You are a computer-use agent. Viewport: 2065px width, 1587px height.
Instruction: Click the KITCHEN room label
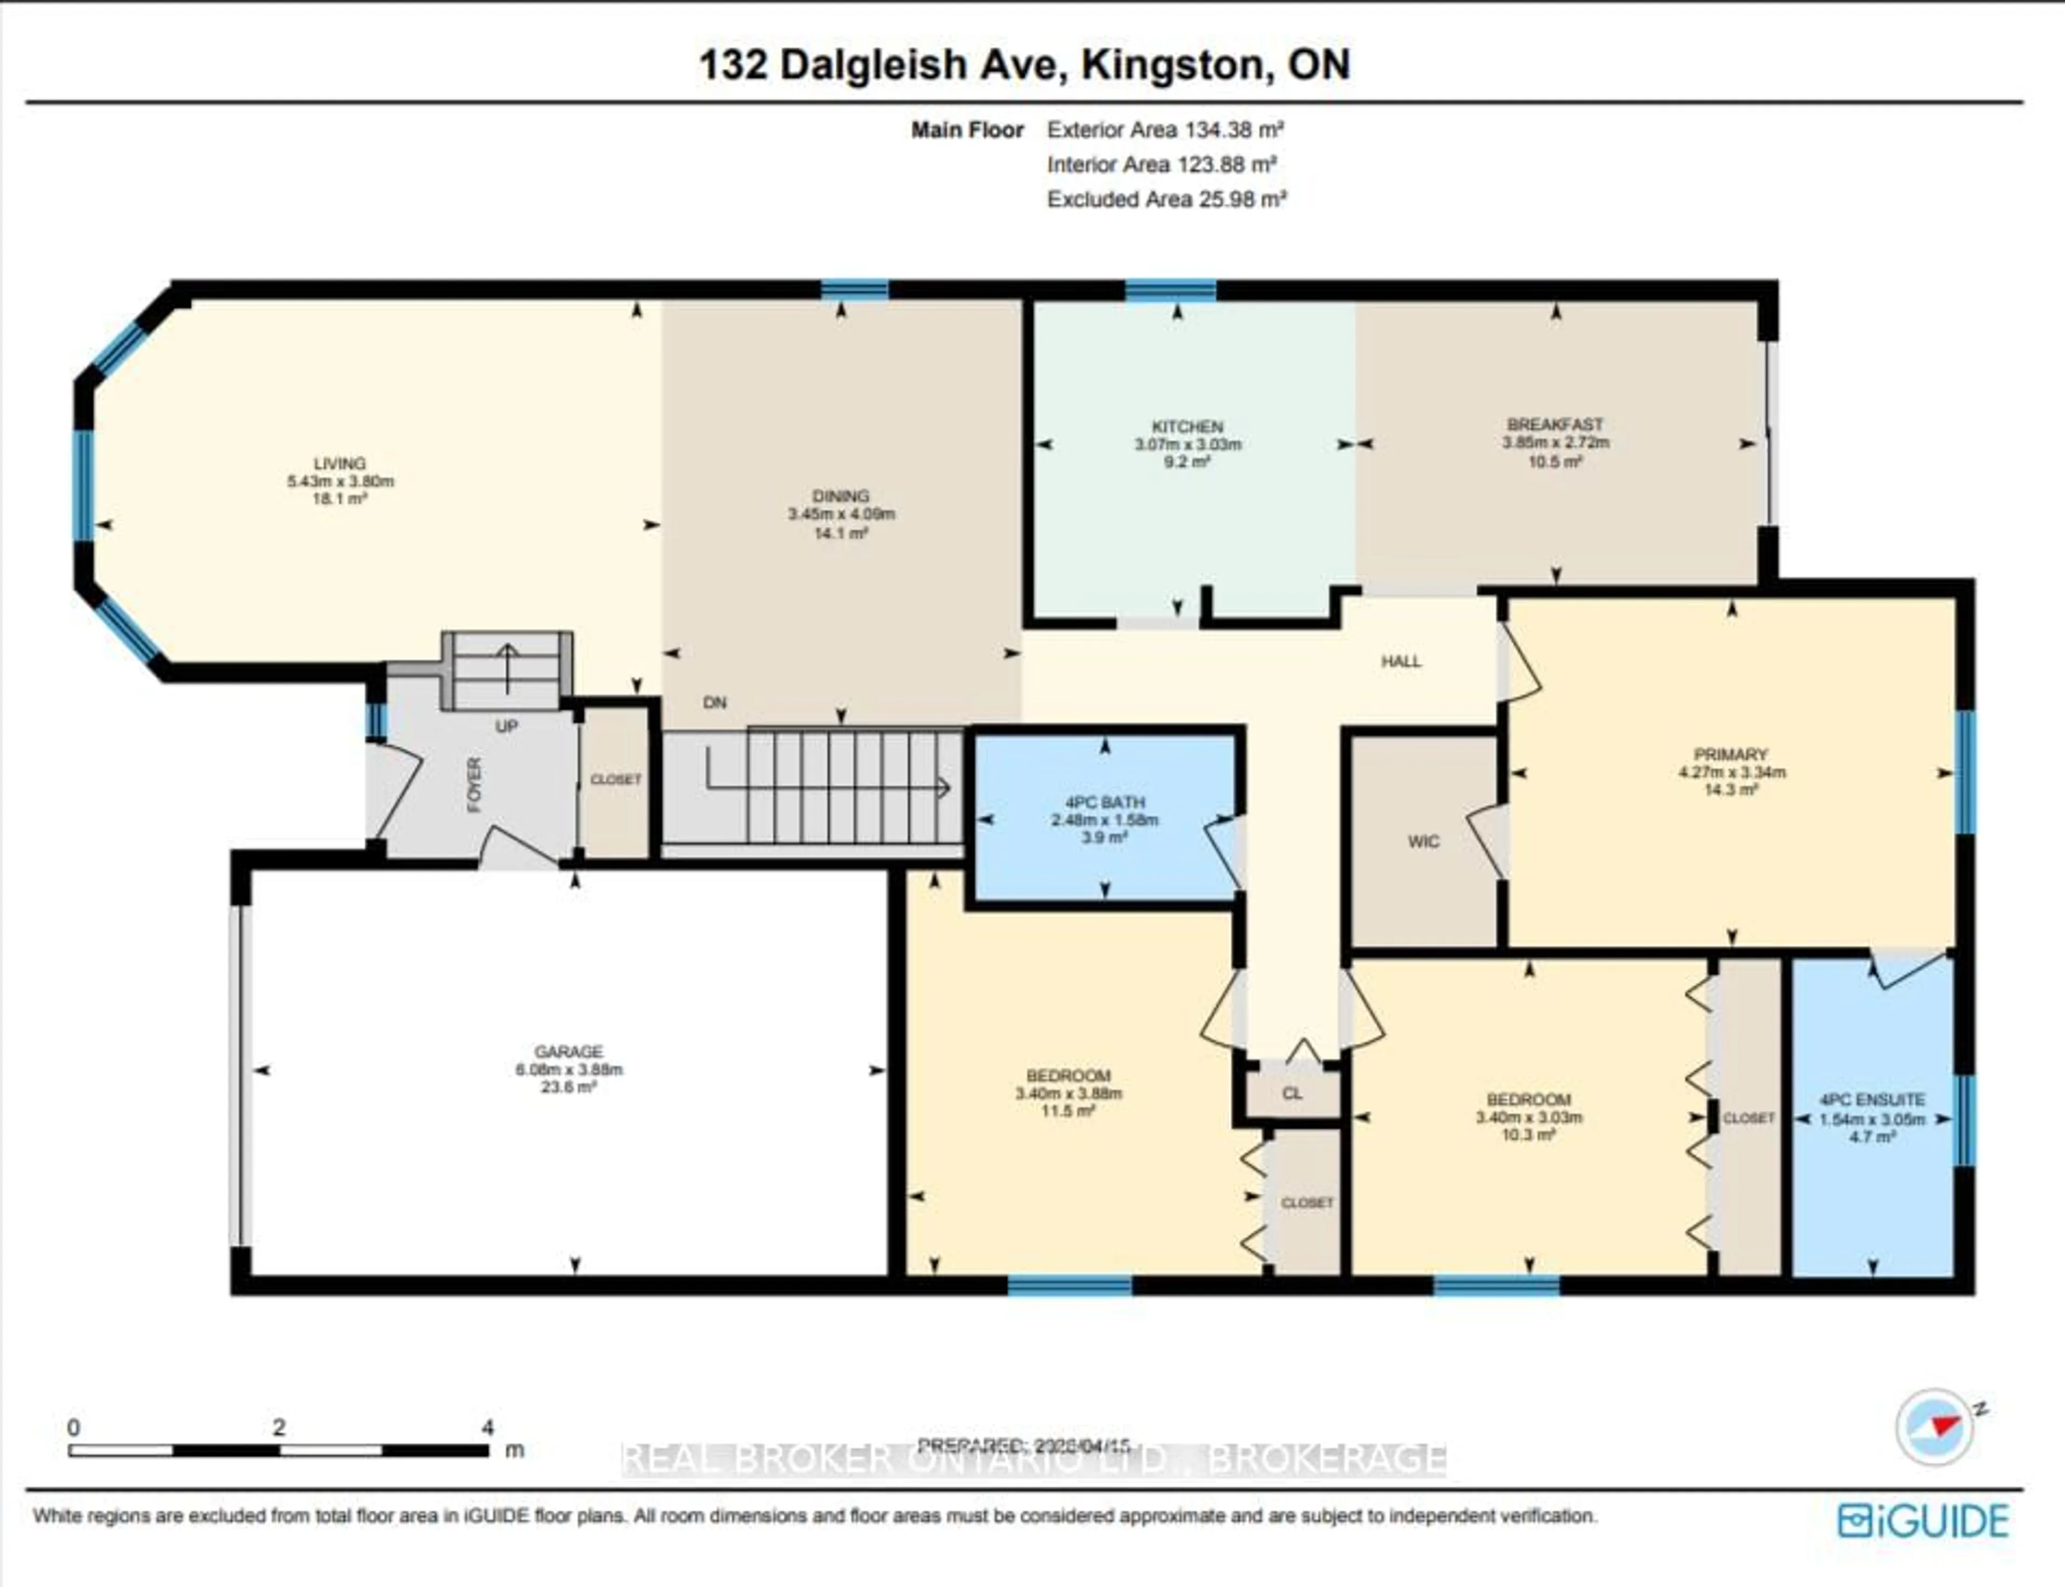pos(1187,426)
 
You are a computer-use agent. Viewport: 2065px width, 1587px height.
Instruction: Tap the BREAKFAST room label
pos(1555,424)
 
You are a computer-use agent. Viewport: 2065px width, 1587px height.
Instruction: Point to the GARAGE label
pos(568,1052)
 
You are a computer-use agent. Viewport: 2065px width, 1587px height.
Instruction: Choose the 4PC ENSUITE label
pos(1872,1099)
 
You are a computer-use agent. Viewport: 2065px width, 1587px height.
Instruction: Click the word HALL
pos(1401,661)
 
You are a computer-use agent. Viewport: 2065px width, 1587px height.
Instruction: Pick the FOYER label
pos(474,784)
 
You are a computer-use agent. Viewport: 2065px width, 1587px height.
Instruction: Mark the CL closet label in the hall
pos(1292,1093)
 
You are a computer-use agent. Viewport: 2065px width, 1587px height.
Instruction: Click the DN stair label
pos(715,703)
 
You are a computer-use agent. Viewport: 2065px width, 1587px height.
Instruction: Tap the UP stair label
pos(507,726)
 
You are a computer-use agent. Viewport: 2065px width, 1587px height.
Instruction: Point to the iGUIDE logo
pos(1924,1521)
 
